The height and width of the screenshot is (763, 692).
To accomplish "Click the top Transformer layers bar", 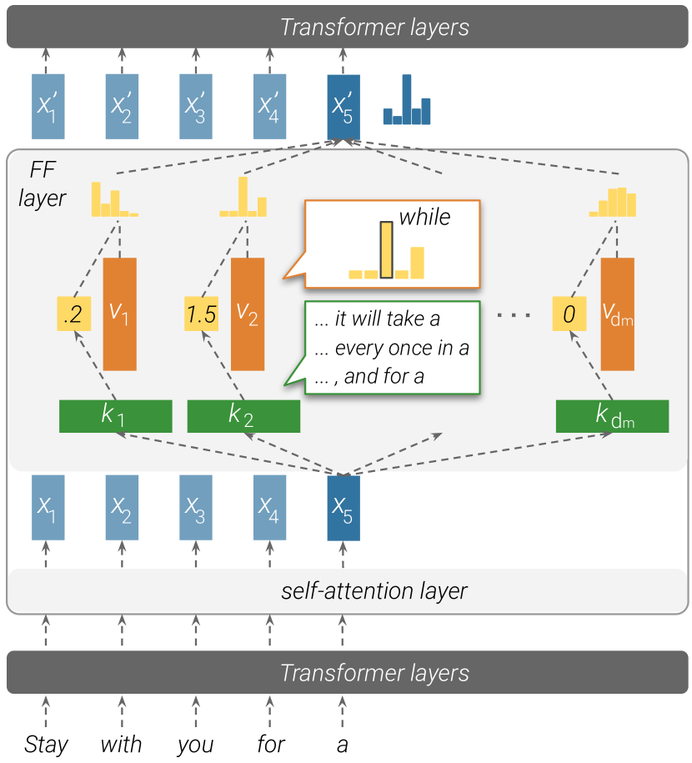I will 345,27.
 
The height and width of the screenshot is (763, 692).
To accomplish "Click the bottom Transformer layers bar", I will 345,673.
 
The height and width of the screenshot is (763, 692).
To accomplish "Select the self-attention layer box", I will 345,591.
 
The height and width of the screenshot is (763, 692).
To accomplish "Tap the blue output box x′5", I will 343,106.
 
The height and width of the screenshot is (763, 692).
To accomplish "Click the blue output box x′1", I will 48,106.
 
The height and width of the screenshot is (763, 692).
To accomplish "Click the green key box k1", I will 115,416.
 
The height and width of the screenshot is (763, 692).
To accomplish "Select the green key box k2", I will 243,416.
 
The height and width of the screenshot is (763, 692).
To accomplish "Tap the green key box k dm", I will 612,416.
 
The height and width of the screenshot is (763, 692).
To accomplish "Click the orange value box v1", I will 120,314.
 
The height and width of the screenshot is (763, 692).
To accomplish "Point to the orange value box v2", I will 248,314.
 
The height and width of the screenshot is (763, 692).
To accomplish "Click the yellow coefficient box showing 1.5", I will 201,314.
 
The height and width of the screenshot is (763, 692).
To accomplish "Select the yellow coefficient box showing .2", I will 73,314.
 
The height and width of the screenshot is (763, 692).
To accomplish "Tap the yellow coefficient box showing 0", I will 569,314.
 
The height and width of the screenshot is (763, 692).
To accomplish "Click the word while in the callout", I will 424,218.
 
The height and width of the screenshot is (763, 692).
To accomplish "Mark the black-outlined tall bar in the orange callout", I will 386,249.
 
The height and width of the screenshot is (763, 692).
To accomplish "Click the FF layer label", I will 42,186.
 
